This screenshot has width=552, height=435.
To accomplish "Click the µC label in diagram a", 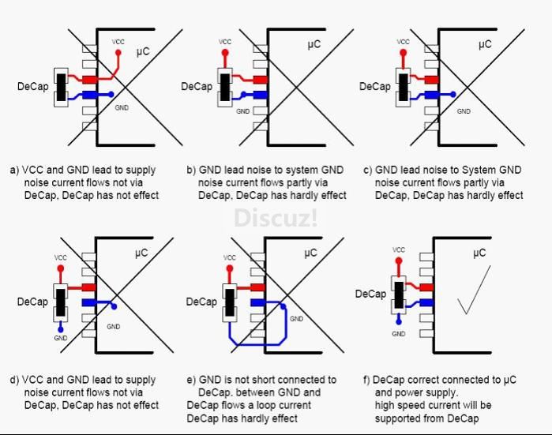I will pyautogui.click(x=143, y=52).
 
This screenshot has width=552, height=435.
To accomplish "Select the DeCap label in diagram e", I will pyautogui.click(x=201, y=302).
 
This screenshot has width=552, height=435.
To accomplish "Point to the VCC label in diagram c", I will pyautogui.click(x=403, y=41).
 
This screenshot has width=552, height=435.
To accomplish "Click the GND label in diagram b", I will pyautogui.click(x=242, y=111).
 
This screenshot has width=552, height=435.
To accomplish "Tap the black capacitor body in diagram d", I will pyautogui.click(x=61, y=302).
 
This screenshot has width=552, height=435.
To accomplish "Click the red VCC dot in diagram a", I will pyautogui.click(x=118, y=53).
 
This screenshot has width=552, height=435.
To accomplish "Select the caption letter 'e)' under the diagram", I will pyautogui.click(x=192, y=380).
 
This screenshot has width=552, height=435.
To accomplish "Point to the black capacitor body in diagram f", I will pyautogui.click(x=399, y=294).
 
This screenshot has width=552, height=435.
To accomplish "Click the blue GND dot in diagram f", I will pyautogui.click(x=399, y=321).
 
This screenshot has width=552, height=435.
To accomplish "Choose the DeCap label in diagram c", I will pyautogui.click(x=374, y=86).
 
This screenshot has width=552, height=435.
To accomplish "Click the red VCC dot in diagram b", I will pyautogui.click(x=225, y=54).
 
